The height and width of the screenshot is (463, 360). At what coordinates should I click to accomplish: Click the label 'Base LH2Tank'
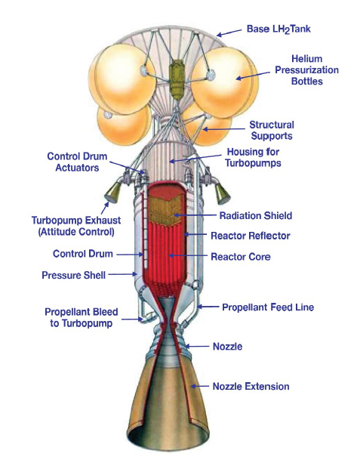278,29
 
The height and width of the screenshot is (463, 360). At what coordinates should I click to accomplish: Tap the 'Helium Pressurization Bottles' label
307,70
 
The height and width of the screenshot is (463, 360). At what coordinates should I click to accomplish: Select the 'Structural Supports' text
272,130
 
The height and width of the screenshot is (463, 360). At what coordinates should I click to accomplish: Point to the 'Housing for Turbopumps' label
253,157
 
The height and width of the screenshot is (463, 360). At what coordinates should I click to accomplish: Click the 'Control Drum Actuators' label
77,162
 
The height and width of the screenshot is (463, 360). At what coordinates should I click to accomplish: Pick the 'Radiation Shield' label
256,215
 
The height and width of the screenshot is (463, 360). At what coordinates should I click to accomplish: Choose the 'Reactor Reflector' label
251,236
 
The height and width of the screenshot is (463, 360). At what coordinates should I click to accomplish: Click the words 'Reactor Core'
241,257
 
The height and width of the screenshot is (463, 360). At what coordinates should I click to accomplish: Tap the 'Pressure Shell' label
73,275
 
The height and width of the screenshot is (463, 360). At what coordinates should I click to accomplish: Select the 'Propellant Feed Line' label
268,307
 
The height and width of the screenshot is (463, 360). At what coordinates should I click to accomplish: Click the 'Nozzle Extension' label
251,386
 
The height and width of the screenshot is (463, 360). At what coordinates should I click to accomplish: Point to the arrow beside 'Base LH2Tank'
229,32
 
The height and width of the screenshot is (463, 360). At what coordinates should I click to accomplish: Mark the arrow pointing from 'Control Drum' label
130,255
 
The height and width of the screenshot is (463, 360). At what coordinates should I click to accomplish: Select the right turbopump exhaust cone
222,193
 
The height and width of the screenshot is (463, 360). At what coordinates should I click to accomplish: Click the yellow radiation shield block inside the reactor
165,209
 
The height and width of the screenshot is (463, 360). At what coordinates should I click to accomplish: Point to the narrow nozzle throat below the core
168,321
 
